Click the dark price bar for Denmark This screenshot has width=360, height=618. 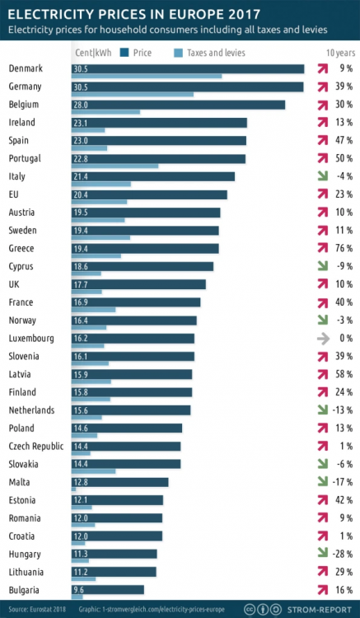point(188,69)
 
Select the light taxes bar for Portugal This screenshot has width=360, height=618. point(115,166)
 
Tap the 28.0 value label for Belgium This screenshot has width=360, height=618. point(81,105)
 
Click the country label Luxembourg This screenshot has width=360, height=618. point(31,339)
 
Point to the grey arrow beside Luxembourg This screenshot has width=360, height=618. point(324,339)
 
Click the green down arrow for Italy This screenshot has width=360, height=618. point(323,176)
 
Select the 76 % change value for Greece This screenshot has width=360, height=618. point(344,248)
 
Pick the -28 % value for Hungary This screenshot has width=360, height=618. point(342,555)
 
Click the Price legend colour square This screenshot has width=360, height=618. point(125,53)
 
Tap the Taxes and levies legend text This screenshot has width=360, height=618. point(216,53)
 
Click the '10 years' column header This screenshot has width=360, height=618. point(341,53)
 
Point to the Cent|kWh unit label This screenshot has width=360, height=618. point(93,53)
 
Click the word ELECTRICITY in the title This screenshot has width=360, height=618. point(47,15)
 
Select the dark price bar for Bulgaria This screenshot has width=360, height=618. point(108,590)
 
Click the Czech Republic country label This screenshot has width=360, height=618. point(36,446)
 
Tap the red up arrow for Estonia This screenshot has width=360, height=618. point(323,500)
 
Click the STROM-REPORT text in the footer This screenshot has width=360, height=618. point(320,609)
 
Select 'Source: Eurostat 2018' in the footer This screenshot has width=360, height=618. point(37,609)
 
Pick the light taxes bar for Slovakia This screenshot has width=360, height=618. point(94,471)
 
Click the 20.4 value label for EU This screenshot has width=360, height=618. point(81,194)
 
